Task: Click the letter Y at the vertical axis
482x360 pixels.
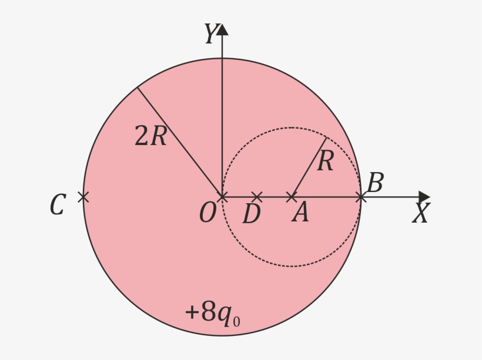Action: tap(212, 33)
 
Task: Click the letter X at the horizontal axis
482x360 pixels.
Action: tap(421, 213)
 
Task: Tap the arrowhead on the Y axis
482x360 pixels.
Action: tap(222, 29)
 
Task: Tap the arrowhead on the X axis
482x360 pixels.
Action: tap(424, 197)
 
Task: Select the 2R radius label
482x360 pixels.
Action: tap(150, 136)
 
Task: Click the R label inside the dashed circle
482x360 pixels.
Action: tap(325, 161)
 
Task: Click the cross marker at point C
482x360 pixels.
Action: tap(83, 197)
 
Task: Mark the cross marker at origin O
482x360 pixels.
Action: tap(222, 197)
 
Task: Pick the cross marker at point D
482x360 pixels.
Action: tap(257, 197)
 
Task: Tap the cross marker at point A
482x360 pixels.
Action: tap(292, 197)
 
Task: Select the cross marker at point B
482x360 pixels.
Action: tap(361, 197)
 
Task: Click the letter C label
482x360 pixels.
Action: tap(58, 204)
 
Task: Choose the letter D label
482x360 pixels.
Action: tap(252, 214)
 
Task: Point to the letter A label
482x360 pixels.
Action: tap(300, 212)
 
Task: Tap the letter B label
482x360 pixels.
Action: tap(375, 183)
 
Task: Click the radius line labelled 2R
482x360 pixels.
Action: tap(180, 142)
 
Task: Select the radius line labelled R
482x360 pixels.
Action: tap(309, 167)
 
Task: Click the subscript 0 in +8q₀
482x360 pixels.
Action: tap(236, 321)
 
